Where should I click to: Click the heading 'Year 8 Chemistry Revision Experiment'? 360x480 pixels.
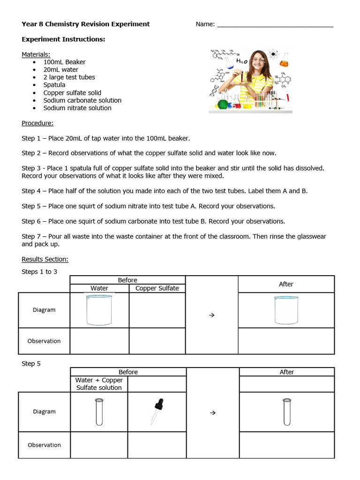[86, 24]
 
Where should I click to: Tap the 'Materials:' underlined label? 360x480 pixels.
[36, 54]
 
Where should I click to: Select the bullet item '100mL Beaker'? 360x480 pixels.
[64, 62]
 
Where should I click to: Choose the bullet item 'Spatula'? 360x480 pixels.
[54, 85]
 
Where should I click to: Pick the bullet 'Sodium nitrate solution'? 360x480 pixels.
[77, 108]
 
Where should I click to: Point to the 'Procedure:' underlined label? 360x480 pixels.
[37, 123]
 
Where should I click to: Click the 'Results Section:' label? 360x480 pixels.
[45, 259]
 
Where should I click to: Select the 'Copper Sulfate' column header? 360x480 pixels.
[157, 288]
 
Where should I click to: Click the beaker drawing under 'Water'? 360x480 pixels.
[99, 310]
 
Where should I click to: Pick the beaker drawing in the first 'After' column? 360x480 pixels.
[286, 310]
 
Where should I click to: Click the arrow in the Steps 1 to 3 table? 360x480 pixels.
[211, 315]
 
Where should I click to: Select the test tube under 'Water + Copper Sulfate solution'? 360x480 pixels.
[99, 412]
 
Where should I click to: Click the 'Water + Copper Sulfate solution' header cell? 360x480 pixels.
[99, 384]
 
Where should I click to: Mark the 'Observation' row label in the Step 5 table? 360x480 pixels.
[44, 445]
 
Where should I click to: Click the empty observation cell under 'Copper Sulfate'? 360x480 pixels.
[157, 341]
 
